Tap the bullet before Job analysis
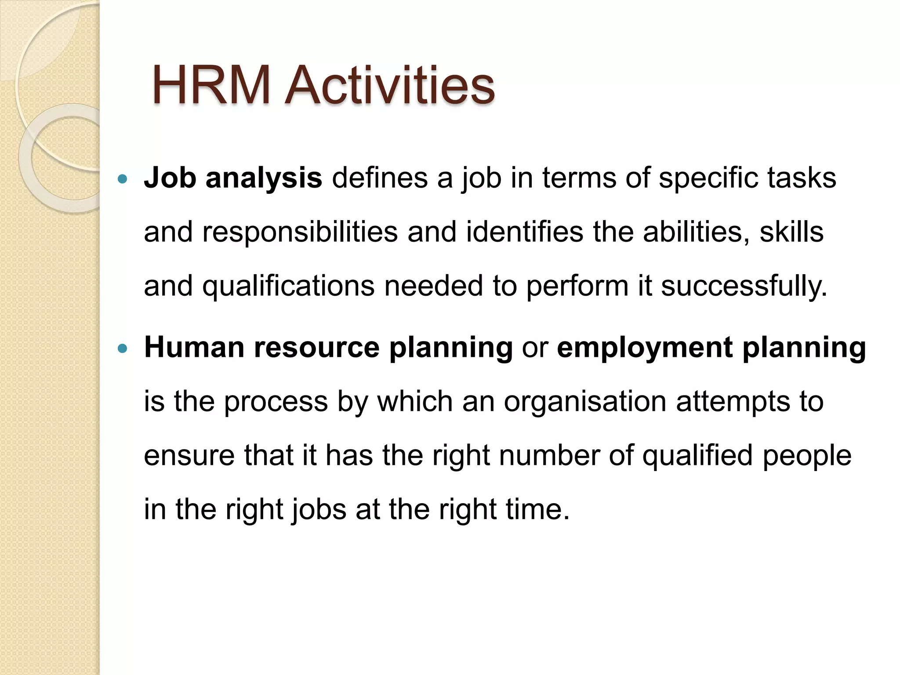(123, 179)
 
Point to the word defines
(380, 178)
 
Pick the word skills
(791, 232)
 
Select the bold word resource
(316, 348)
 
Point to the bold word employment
(645, 348)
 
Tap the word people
(807, 456)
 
